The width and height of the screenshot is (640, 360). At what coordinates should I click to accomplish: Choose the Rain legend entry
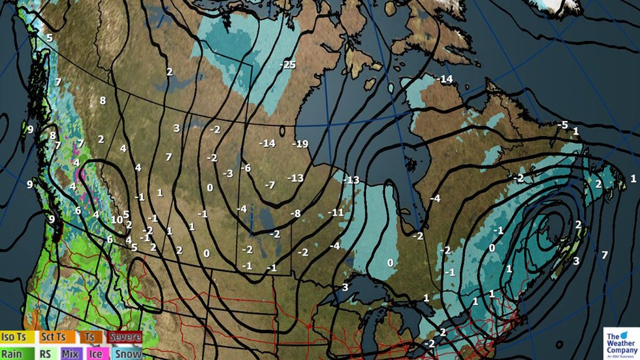16,353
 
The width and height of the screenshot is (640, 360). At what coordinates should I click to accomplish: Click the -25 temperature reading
287,65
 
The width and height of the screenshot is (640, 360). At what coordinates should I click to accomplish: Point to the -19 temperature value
300,143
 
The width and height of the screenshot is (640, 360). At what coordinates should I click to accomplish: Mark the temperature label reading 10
116,219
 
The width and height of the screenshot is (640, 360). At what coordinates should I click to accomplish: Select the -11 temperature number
336,213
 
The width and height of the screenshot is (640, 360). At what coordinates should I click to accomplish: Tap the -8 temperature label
295,214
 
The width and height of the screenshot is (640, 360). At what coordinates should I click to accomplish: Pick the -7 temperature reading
270,185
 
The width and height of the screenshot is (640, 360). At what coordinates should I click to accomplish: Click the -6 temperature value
246,168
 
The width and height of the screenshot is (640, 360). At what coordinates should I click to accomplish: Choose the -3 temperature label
227,174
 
